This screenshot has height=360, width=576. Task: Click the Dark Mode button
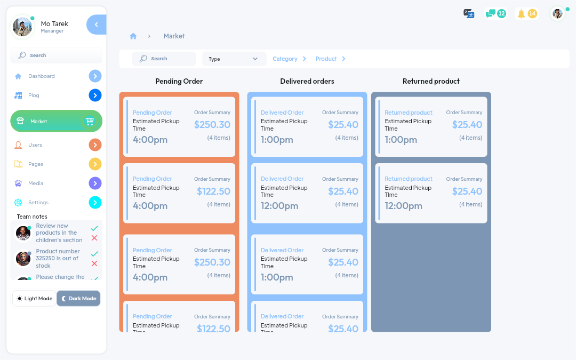(x=78, y=299)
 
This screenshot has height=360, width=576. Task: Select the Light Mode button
(x=35, y=299)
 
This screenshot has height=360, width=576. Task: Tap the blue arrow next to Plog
(x=95, y=95)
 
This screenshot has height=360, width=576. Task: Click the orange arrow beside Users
(x=95, y=145)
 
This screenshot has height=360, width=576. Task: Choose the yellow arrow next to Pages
(x=95, y=164)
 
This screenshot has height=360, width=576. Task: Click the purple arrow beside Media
(x=95, y=183)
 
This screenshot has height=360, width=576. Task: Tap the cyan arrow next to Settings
(x=95, y=203)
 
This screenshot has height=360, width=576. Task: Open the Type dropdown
(x=234, y=59)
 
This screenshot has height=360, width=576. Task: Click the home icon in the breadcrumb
(x=133, y=36)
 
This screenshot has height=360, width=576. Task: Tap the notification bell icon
(x=522, y=14)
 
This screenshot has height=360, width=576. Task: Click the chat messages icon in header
(x=491, y=14)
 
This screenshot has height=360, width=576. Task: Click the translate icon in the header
(x=469, y=14)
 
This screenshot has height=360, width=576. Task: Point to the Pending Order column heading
(x=179, y=82)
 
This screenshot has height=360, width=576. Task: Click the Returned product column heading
(x=431, y=82)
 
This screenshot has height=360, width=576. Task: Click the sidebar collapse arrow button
(x=96, y=25)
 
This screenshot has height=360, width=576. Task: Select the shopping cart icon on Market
(x=90, y=122)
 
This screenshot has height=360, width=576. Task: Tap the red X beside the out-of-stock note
(x=94, y=263)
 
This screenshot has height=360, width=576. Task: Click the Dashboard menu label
(x=42, y=76)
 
